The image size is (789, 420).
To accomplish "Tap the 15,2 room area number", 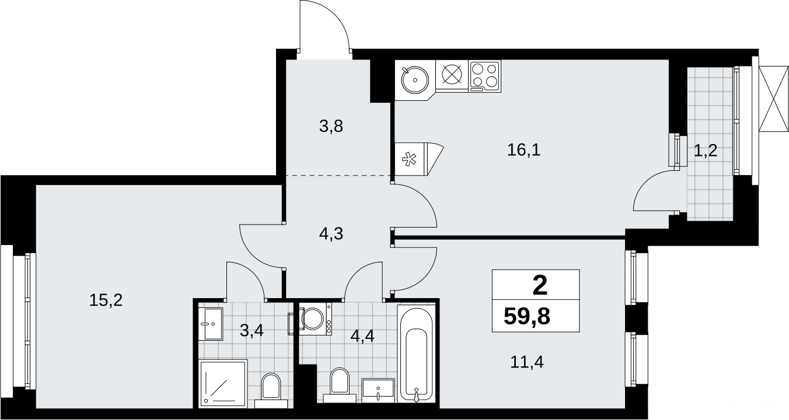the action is pos(106,300).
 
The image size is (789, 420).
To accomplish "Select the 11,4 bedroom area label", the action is pos(527,362).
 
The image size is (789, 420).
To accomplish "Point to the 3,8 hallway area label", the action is pos(331,126).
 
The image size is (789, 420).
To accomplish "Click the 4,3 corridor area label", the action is pos(331,233).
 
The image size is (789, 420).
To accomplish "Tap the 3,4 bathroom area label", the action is pos(252,331).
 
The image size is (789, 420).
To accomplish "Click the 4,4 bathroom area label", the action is pos(362,336).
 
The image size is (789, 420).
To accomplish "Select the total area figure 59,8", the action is pos(527,317).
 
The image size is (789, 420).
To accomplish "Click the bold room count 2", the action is pos(540,286).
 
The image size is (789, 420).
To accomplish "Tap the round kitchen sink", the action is pos(415,80).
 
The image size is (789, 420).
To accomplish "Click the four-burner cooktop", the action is pos(485,76).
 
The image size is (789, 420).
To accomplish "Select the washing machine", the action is pos(315,318).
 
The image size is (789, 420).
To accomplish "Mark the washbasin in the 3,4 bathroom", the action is pos(211,324).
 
